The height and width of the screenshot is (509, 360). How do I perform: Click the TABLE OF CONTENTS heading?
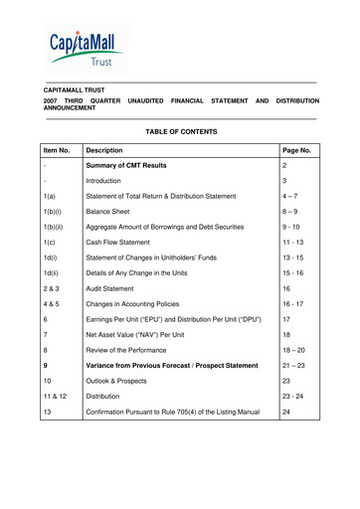click(181, 130)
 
